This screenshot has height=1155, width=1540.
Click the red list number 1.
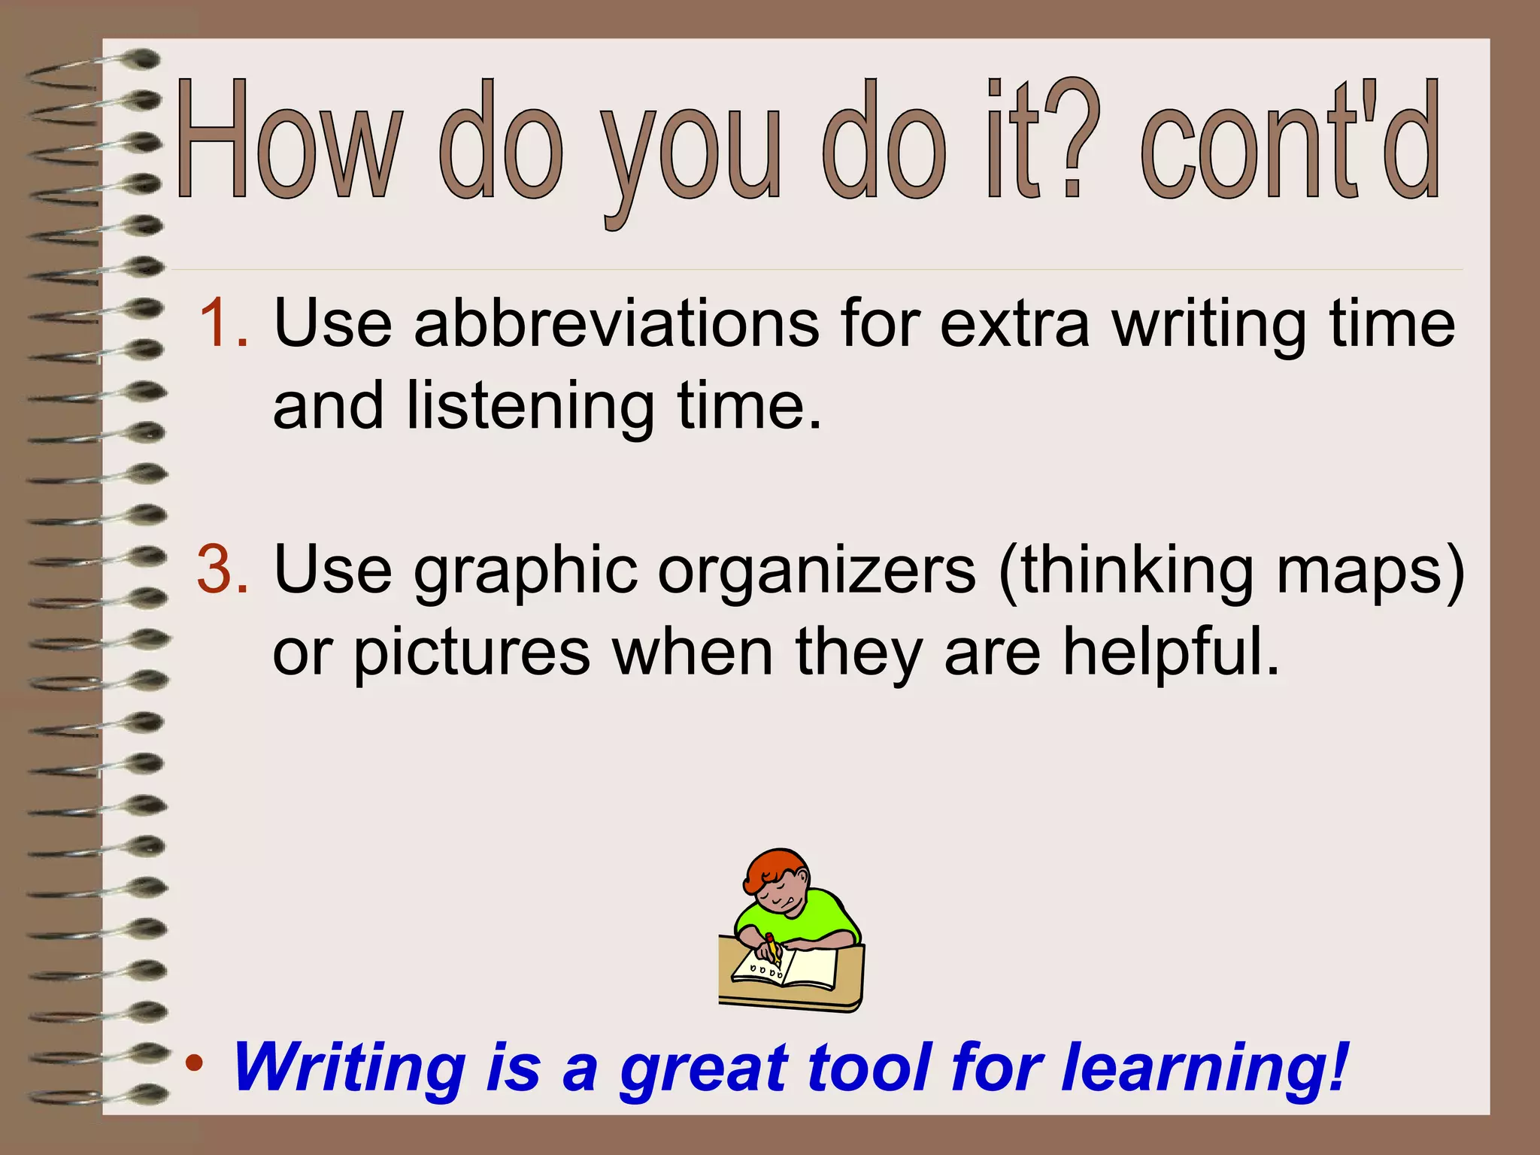[x=223, y=323]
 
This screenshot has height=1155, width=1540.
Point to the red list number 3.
[x=223, y=569]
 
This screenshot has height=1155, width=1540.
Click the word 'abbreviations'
[x=617, y=323]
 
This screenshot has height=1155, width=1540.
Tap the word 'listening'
[x=530, y=406]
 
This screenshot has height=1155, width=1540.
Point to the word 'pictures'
[x=472, y=653]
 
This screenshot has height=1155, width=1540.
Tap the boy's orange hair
[x=775, y=869]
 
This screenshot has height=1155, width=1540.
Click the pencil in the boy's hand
[x=773, y=950]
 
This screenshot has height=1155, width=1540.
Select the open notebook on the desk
[x=790, y=970]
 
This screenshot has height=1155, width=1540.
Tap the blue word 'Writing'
[x=350, y=1068]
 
